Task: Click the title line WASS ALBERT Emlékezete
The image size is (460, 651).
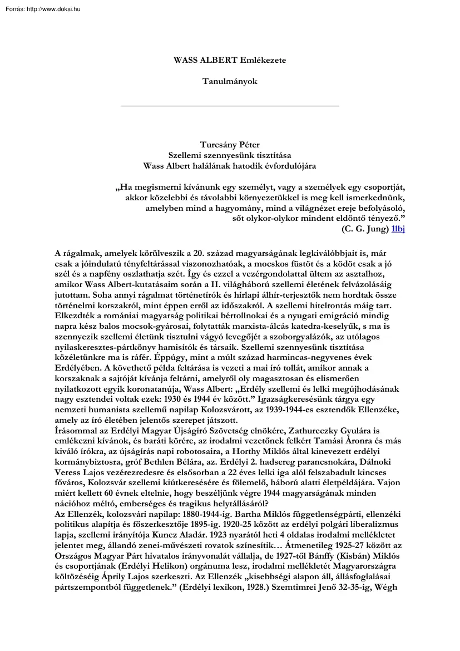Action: click(230, 60)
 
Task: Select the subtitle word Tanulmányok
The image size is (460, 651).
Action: click(230, 81)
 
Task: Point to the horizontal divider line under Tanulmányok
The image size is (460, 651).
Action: click(230, 105)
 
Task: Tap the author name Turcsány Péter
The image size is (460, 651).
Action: click(230, 145)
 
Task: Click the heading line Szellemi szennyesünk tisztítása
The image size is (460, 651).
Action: click(230, 155)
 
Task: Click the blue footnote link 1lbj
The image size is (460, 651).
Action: click(398, 229)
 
